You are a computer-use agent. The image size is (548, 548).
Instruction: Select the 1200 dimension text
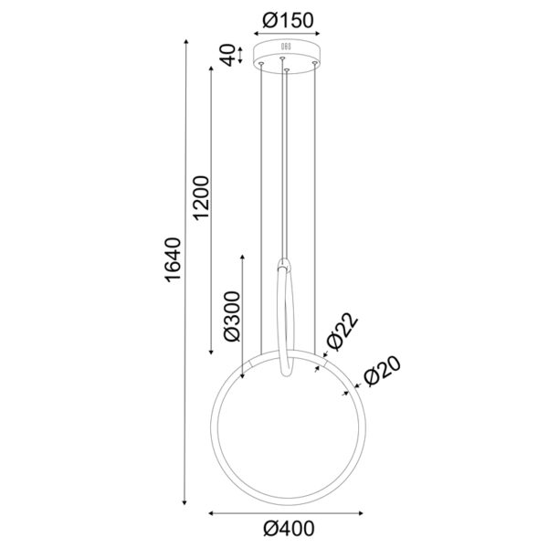tap(203, 196)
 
